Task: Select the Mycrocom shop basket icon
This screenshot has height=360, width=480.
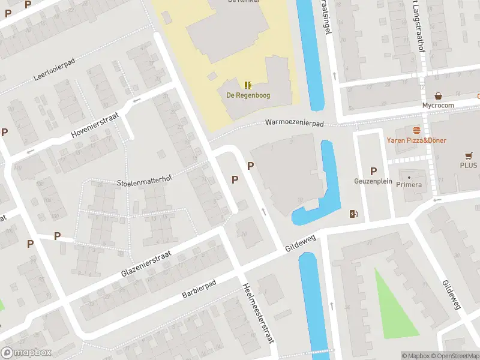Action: point(439,95)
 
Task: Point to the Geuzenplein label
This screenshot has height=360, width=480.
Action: point(373,181)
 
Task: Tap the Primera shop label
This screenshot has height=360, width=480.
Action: point(409,185)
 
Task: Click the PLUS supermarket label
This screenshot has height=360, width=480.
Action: point(469,165)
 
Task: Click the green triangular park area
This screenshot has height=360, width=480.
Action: point(393,306)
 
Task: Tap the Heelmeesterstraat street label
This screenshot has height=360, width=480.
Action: point(258,313)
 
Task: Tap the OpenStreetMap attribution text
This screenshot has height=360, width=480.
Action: point(453,356)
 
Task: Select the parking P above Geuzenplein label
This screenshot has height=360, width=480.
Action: point(373,171)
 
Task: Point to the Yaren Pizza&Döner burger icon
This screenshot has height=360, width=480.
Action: point(416,130)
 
